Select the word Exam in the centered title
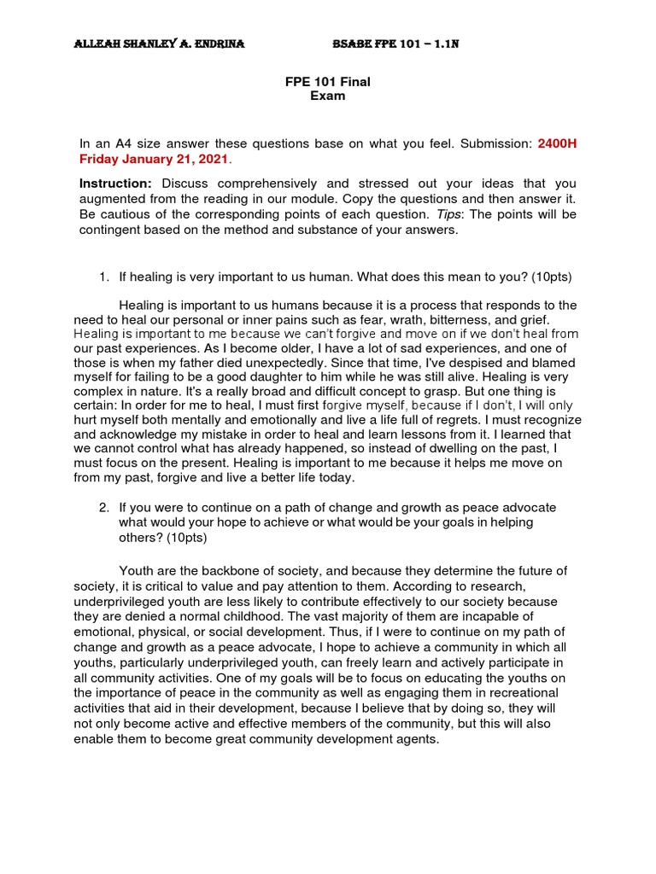tap(327, 96)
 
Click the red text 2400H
tap(557, 143)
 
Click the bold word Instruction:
tap(115, 184)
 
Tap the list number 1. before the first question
tap(104, 277)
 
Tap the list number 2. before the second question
tap(104, 508)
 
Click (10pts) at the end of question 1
tap(552, 277)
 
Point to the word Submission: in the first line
tap(496, 143)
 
